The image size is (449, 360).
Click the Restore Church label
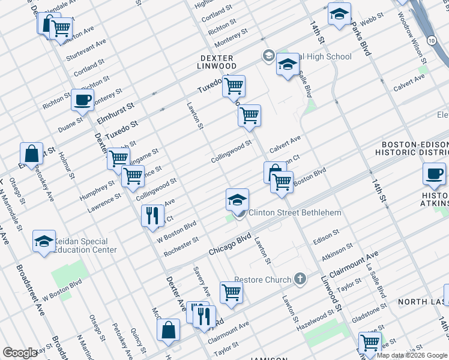click(x=262, y=280)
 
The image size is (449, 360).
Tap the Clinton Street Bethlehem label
click(x=295, y=212)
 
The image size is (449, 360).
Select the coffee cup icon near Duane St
click(x=83, y=100)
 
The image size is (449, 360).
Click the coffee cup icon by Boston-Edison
click(x=433, y=174)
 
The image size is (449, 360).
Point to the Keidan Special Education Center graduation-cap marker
click(x=44, y=242)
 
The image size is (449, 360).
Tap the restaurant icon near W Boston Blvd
click(x=152, y=216)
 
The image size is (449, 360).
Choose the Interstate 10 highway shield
click(x=432, y=40)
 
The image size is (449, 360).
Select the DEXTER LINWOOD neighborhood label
click(x=218, y=61)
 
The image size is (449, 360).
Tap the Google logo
click(x=20, y=353)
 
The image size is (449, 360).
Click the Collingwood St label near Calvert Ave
click(x=231, y=152)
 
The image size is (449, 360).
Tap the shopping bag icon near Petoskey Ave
click(x=31, y=154)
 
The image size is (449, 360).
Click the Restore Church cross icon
click(x=300, y=280)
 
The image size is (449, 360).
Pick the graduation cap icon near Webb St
click(x=340, y=15)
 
